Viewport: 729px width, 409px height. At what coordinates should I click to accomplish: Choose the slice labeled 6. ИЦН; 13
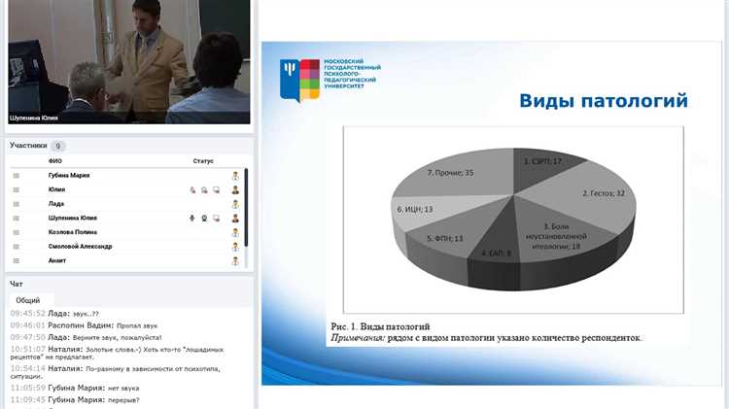417,208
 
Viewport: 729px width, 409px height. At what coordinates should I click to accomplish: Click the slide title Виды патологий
603,101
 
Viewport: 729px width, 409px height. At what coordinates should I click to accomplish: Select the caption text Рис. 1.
345,325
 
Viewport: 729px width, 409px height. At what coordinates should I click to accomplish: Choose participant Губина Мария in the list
69,175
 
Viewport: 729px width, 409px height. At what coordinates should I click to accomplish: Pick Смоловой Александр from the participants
80,247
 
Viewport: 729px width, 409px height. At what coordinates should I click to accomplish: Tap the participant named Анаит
59,260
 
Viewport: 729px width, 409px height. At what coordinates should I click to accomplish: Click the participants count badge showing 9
58,146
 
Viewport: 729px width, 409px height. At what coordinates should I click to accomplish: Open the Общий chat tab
28,300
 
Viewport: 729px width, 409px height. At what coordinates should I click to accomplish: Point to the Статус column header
202,160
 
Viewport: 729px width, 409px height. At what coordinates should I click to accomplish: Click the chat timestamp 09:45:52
26,314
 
